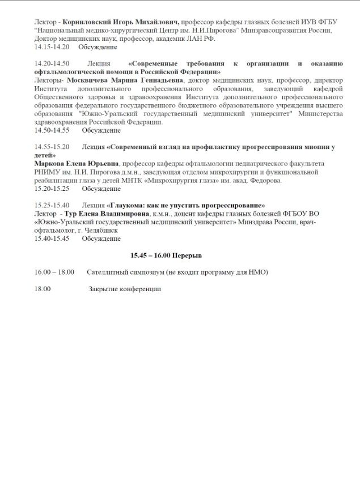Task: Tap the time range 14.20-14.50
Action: (51, 63)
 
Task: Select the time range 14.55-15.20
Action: (51, 147)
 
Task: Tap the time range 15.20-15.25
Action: (51, 189)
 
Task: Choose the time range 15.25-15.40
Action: (51, 205)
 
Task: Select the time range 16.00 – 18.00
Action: (54, 272)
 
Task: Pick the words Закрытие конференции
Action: (125, 289)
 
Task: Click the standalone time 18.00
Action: (43, 289)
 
